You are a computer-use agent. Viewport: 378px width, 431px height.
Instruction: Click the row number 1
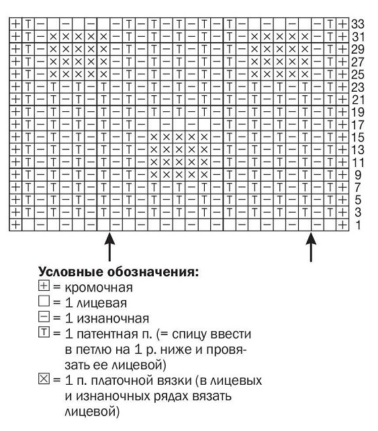[358, 225]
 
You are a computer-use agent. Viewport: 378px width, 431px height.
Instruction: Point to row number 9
[358, 174]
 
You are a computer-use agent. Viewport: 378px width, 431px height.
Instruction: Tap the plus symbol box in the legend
[44, 288]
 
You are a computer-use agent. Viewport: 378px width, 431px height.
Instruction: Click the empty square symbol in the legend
[44, 303]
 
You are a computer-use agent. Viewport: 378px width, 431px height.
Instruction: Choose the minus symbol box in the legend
[44, 318]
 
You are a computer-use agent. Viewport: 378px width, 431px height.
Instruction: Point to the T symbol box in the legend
[44, 334]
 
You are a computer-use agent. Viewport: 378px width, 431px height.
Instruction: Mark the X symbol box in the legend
[44, 381]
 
